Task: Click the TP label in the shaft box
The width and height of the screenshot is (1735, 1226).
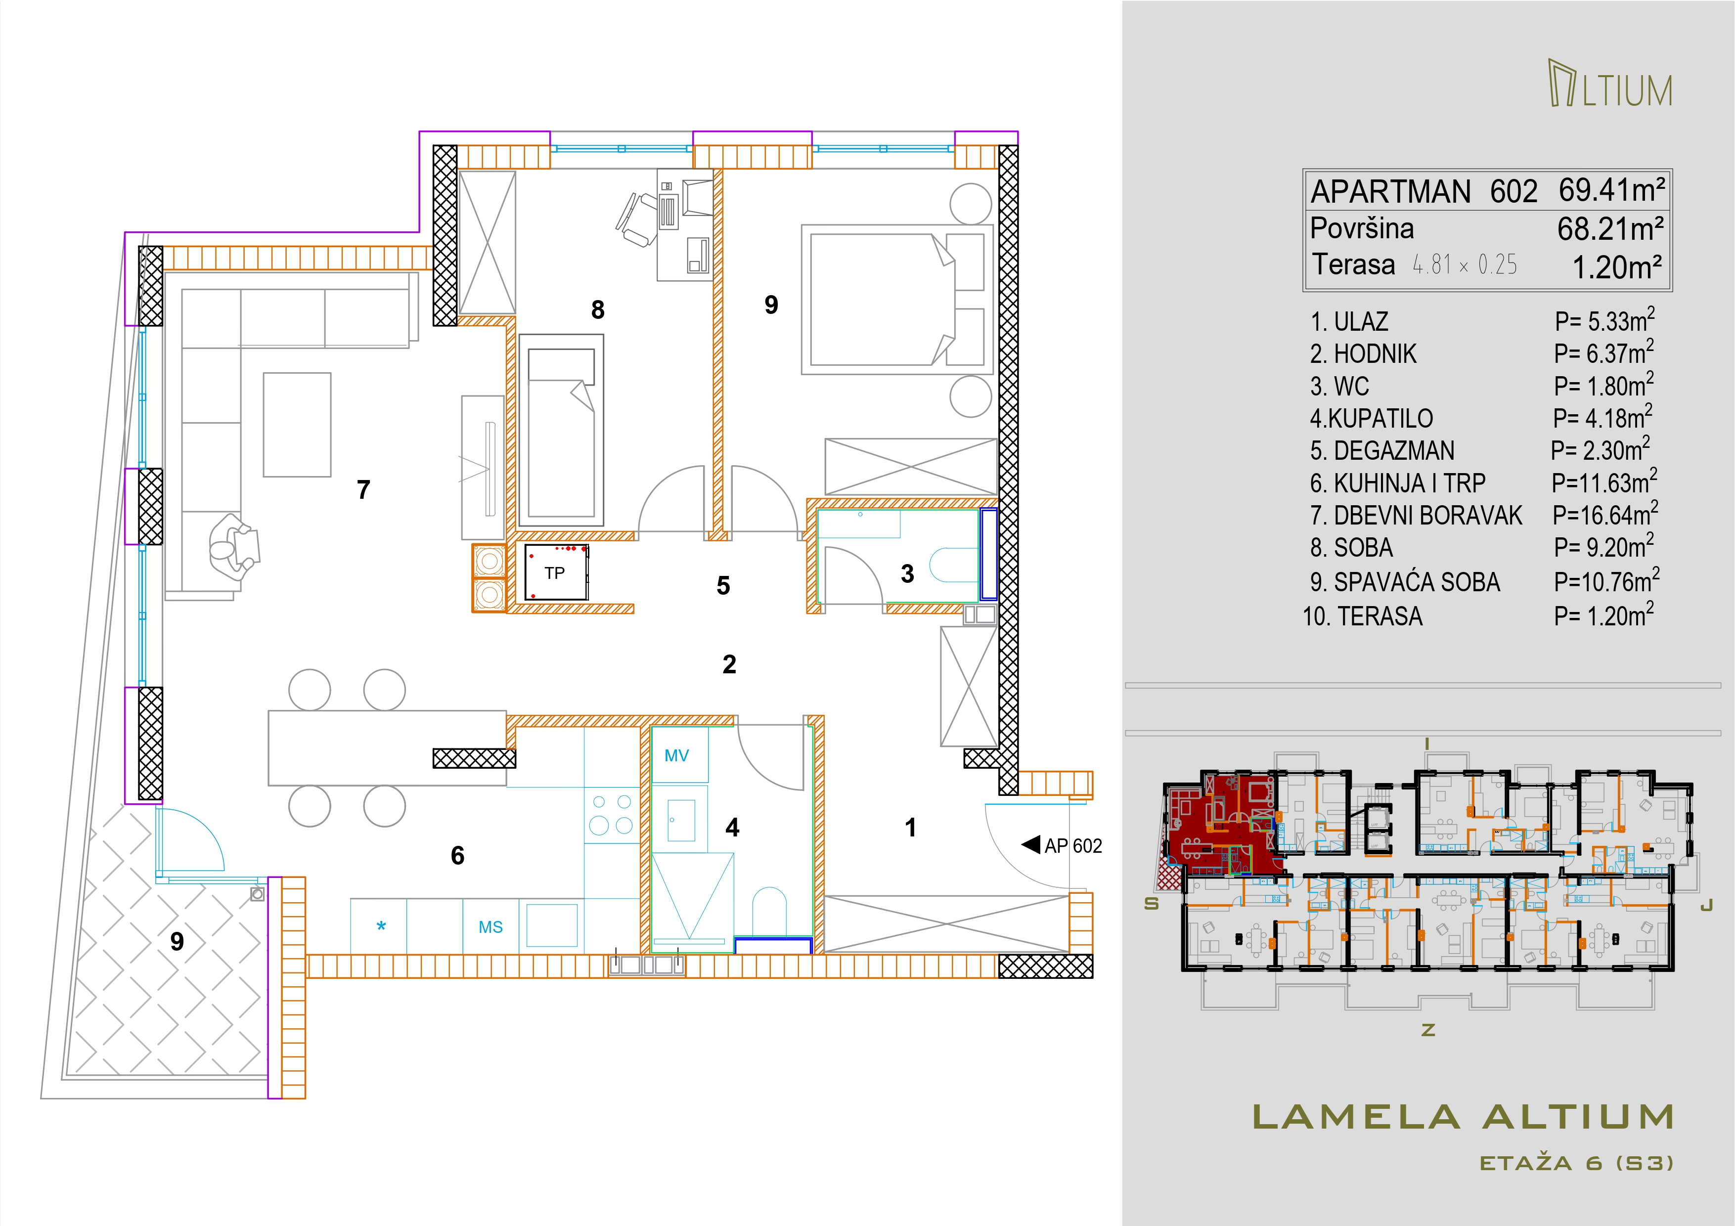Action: coord(555,573)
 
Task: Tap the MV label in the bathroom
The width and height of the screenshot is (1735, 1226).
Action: coord(676,755)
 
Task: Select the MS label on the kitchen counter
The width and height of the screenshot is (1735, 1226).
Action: coord(490,927)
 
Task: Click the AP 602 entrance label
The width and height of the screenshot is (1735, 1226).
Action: coord(1073,846)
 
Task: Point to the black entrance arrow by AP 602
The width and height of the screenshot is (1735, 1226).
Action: coord(1031,844)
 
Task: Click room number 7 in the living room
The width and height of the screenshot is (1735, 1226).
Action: coord(363,489)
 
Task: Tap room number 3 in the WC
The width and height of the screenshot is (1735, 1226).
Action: coord(908,574)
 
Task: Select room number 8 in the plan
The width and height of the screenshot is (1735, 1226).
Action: coord(598,309)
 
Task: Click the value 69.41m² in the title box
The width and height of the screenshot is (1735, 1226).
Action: coord(1612,190)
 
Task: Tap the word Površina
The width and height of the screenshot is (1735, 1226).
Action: coord(1362,228)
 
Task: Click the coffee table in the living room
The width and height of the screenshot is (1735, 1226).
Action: coord(297,425)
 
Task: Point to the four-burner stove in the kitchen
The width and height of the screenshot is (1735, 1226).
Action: coord(612,815)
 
